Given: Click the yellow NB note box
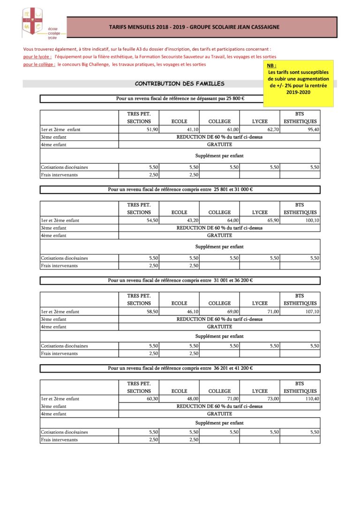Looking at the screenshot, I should click(x=298, y=83).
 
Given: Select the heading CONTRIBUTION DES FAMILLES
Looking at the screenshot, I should click(x=180, y=84).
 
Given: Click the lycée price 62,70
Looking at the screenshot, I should click(x=273, y=129).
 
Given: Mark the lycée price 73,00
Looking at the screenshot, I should click(x=273, y=399).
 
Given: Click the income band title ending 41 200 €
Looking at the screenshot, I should click(x=180, y=368).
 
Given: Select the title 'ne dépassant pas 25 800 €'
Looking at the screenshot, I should click(x=180, y=99).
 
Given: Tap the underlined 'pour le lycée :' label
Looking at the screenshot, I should click(x=37, y=57).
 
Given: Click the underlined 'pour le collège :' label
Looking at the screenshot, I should click(x=39, y=65).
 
